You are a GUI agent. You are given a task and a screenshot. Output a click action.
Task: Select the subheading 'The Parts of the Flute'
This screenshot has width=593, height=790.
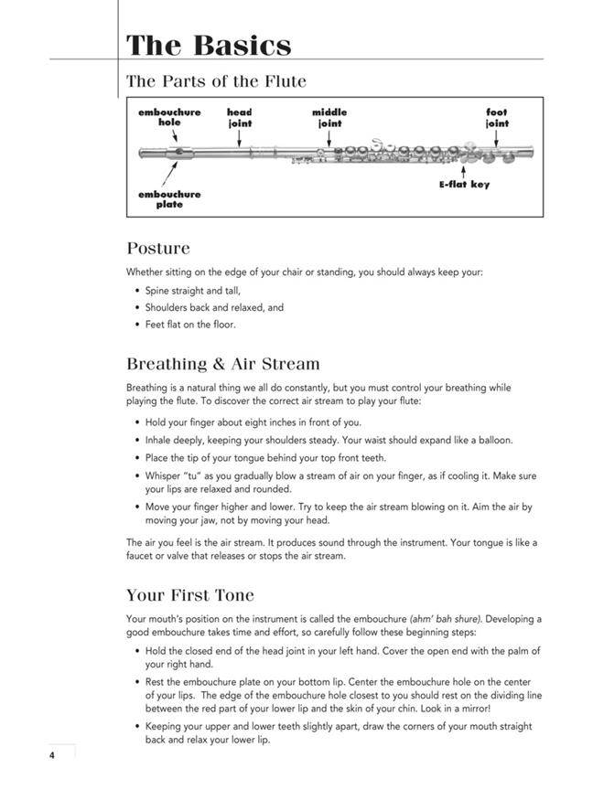pyautogui.click(x=216, y=81)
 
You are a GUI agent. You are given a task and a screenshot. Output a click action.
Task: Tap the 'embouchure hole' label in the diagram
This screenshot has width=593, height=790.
pyautogui.click(x=170, y=117)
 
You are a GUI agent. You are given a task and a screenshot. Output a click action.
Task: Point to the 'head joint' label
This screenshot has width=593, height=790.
pyautogui.click(x=240, y=117)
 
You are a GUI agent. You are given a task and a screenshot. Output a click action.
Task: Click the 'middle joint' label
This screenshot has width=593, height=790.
pyautogui.click(x=329, y=117)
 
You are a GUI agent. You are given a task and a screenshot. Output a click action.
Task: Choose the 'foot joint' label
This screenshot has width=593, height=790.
pyautogui.click(x=497, y=117)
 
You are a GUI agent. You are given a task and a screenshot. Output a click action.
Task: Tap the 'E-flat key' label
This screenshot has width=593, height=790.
pyautogui.click(x=464, y=185)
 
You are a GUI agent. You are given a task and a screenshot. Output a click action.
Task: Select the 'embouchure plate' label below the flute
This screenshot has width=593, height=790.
pyautogui.click(x=169, y=199)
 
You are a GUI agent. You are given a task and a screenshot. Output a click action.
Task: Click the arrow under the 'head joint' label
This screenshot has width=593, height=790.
pyautogui.click(x=240, y=137)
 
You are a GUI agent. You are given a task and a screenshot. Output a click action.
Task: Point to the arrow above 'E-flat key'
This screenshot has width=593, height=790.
pyautogui.click(x=464, y=170)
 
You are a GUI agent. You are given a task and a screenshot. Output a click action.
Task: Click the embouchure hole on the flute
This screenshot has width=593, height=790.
pyautogui.click(x=178, y=152)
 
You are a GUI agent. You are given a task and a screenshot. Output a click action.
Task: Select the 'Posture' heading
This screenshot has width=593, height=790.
pyautogui.click(x=158, y=248)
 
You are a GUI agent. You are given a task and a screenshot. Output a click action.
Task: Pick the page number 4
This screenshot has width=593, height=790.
pyautogui.click(x=53, y=754)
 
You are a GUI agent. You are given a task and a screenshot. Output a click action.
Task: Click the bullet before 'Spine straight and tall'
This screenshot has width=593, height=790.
pyautogui.click(x=136, y=291)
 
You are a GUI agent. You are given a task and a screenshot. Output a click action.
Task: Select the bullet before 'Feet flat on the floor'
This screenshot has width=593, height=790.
pyautogui.click(x=136, y=325)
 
